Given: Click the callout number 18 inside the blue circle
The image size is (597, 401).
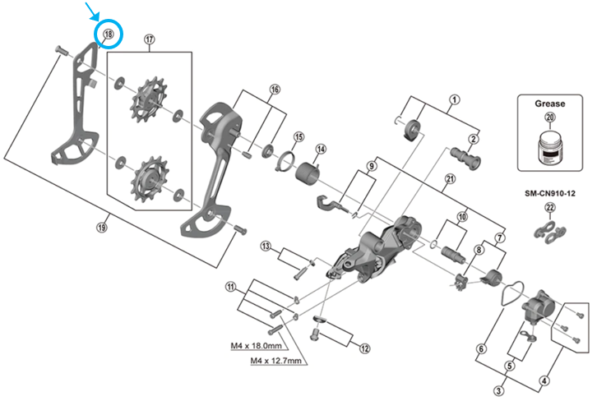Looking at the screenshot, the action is [109, 35].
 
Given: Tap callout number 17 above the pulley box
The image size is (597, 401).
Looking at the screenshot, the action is [150, 39].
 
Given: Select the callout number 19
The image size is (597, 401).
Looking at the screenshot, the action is [102, 228].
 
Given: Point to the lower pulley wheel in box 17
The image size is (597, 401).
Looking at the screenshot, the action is [149, 178].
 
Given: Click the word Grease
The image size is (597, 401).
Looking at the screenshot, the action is [550, 104].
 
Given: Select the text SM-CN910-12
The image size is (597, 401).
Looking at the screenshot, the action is [550, 193].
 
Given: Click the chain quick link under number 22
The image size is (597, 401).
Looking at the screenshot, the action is [550, 231].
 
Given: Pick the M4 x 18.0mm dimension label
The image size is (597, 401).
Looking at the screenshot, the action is [257, 346].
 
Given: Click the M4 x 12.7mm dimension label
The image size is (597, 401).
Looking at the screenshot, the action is [276, 360].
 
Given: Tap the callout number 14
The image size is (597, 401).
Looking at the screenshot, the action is [321, 149].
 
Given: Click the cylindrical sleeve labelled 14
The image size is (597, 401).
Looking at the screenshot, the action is [308, 174].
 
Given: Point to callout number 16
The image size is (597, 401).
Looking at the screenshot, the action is [275, 90].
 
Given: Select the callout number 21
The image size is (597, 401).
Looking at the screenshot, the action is [451, 178].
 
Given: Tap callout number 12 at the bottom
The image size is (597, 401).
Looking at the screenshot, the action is [365, 348].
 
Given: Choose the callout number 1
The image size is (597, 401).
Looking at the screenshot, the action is [455, 99].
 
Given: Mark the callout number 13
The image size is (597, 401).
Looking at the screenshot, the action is [266, 247].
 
